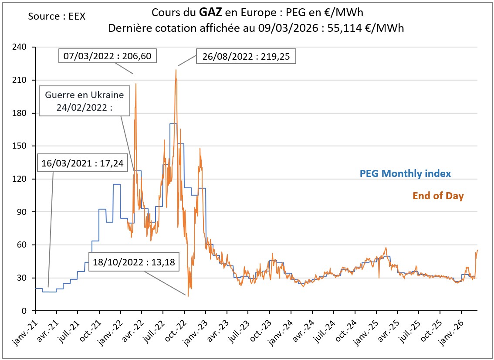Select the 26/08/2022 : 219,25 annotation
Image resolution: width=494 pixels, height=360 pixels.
pos(247,56)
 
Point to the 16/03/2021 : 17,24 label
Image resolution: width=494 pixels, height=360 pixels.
pos(82,164)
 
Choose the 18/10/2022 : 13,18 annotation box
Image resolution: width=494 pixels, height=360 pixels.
pos(134,262)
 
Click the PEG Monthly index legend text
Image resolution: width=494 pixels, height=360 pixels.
pos(405,173)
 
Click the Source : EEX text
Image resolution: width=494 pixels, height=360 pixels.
pos(57,17)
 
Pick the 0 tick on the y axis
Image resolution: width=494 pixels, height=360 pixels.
pos(25,311)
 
